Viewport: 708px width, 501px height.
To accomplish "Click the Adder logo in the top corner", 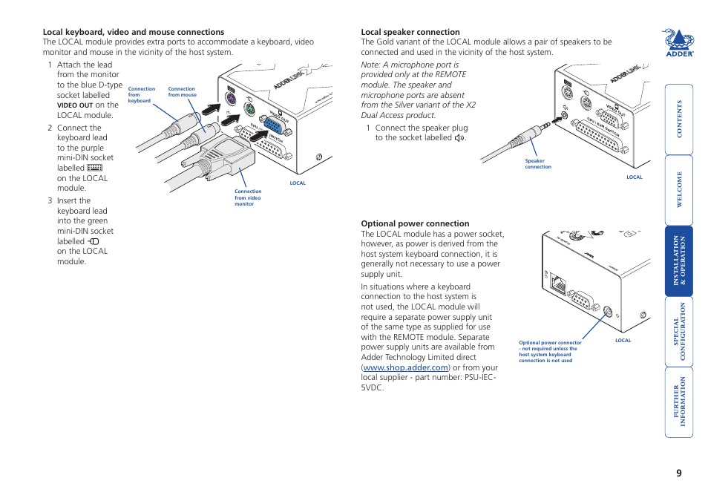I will (x=678, y=43).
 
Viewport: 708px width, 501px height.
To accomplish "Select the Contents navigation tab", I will (x=678, y=119).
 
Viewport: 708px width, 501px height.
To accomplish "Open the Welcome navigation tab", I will (x=678, y=190).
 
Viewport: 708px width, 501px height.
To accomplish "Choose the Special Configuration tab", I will (x=678, y=332).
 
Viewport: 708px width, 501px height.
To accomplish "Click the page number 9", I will (x=678, y=474).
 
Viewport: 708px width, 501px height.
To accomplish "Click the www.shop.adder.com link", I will (x=406, y=367).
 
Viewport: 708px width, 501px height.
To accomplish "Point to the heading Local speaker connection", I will (x=410, y=32).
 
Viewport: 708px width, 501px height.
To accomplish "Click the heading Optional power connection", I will (x=415, y=223).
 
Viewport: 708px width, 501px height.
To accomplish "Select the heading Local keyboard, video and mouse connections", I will (x=134, y=32).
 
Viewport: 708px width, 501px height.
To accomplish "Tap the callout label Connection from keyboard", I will (x=141, y=95).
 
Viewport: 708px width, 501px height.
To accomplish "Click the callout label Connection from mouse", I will (x=182, y=92).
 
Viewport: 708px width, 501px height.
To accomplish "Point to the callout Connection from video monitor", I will (x=248, y=197).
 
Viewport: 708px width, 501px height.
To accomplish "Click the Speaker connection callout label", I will (x=537, y=164).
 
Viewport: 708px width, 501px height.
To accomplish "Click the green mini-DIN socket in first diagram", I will (x=250, y=109).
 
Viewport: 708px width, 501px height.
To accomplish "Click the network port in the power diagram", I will (x=557, y=282).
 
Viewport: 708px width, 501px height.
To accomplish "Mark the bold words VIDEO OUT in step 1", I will (x=75, y=105).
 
